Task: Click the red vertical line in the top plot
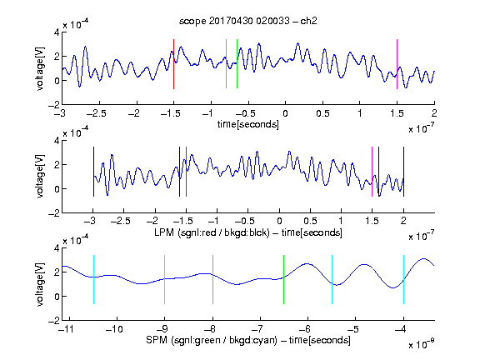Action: (173, 64)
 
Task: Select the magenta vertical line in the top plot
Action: (397, 64)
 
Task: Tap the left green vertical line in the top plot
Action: (226, 63)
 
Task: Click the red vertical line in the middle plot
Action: (186, 172)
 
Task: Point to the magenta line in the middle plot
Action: (372, 172)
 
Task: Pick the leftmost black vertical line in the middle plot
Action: (93, 172)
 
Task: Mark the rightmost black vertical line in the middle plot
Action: (403, 172)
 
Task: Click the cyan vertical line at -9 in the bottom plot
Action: (164, 279)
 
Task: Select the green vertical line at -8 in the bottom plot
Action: (212, 279)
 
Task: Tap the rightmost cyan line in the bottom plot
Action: (403, 279)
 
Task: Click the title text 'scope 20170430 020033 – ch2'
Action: (248, 21)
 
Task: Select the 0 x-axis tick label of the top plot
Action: (285, 113)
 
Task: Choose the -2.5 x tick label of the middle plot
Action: (121, 221)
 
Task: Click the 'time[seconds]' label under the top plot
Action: (248, 125)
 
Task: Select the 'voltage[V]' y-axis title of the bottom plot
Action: (40, 284)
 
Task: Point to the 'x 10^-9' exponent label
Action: (422, 344)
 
